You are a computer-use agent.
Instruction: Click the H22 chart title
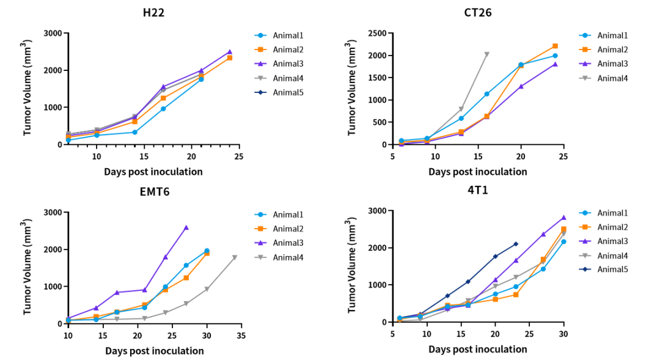(153, 12)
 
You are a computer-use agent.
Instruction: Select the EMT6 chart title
(154, 192)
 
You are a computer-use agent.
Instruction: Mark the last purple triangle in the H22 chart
(230, 52)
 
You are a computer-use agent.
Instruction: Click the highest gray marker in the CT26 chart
(486, 54)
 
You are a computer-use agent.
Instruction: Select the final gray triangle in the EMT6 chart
(235, 257)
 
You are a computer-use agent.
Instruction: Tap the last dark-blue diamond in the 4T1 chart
(516, 244)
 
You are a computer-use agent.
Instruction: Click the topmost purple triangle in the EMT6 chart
(186, 227)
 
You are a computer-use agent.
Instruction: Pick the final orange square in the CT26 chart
(555, 46)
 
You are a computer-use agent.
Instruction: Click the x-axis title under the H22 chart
(153, 172)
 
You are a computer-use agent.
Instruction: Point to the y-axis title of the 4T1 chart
(352, 266)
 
